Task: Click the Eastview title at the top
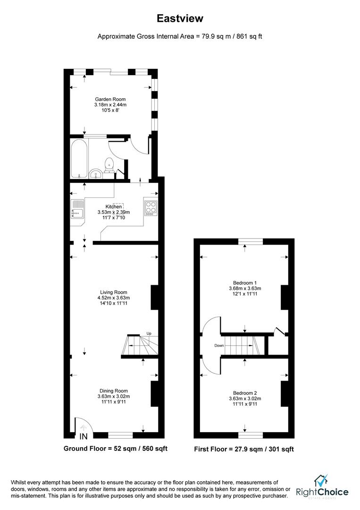tap(180, 18)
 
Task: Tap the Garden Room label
tap(110, 99)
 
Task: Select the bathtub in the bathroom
tap(78, 157)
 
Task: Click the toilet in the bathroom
tap(110, 164)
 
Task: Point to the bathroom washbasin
tap(96, 173)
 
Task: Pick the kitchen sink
tap(77, 210)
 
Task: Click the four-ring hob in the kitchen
tap(151, 208)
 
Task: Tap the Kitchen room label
tap(113, 206)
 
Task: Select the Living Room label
tap(113, 292)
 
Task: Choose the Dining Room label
tap(113, 391)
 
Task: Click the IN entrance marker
tap(84, 436)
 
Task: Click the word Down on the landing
tap(219, 346)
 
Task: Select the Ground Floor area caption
tap(116, 448)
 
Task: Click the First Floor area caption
tap(244, 449)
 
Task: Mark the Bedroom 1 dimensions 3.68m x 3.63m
tap(244, 289)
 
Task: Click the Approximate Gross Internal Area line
tap(180, 36)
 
